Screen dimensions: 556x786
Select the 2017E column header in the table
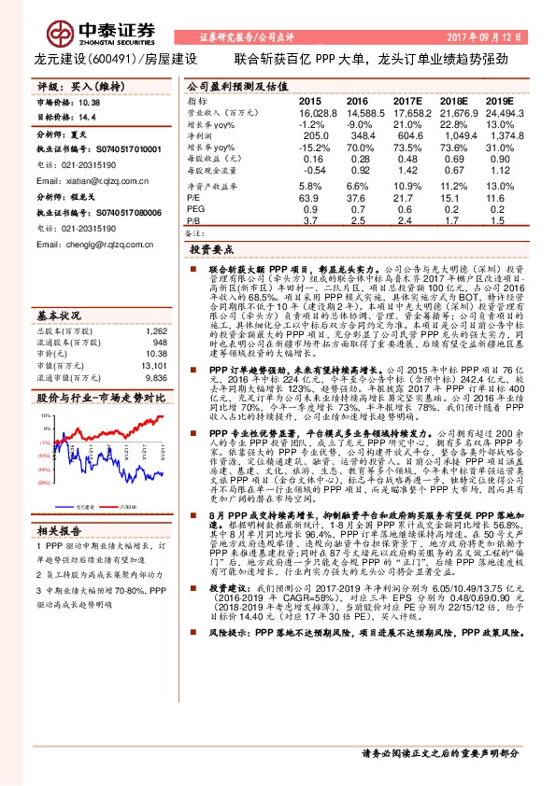point(407,100)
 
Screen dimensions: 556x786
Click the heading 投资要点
point(211,250)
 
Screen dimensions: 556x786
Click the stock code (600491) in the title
point(111,58)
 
